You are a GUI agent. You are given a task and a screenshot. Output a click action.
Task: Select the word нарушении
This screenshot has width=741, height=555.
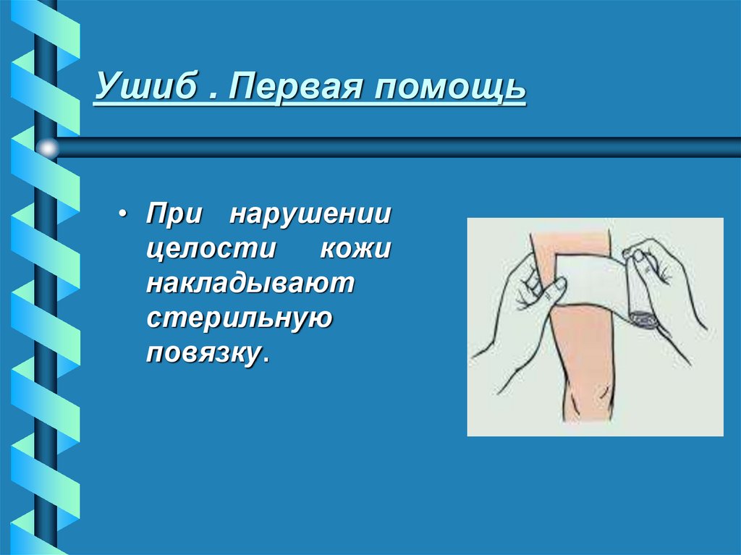pos(311,216)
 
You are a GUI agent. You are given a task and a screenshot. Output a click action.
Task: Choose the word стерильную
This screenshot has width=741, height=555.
pos(240,318)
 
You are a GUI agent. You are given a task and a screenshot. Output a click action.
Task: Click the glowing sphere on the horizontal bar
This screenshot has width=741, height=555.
pos(48,148)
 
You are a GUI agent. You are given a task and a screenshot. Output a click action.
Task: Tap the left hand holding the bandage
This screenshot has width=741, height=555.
pos(517,311)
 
